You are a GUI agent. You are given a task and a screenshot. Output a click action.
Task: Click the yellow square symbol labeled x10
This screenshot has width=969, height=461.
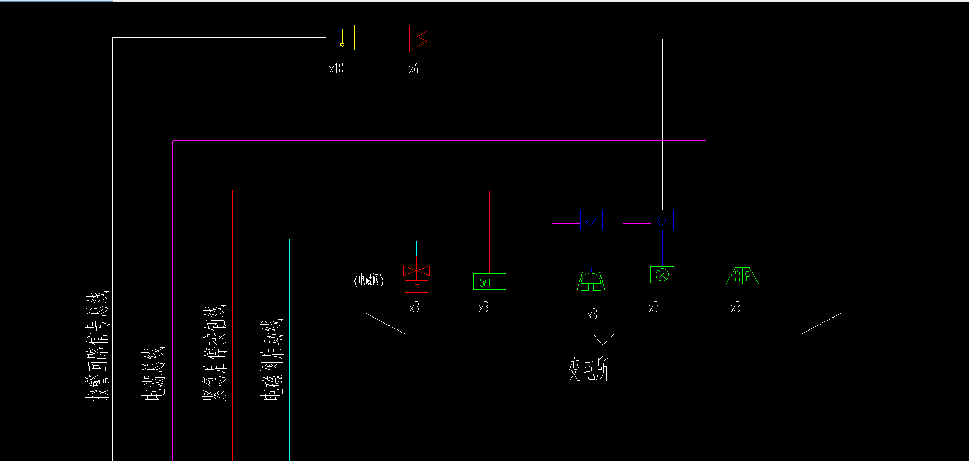(x=342, y=38)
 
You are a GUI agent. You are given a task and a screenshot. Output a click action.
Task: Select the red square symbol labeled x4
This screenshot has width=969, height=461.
(x=422, y=39)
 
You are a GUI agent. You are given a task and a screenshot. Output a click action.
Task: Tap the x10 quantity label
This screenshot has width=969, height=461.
(x=336, y=68)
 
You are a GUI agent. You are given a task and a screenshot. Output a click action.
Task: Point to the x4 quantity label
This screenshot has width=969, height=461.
(x=414, y=69)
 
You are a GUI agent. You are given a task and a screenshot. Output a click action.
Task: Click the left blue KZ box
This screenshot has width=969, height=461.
(x=591, y=221)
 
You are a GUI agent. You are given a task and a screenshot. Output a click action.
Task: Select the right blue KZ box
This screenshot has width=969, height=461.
(x=662, y=221)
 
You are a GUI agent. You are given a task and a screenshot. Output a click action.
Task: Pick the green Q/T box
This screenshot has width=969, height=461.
(x=489, y=281)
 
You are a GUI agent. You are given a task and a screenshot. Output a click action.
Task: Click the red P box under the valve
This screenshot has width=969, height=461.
(x=417, y=287)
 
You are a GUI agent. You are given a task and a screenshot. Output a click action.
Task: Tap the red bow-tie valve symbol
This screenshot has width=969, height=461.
(x=417, y=270)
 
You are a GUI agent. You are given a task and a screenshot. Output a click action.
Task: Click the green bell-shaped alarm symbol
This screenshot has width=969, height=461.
(x=591, y=281)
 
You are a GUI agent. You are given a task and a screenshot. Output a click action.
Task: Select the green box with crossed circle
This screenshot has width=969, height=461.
(x=662, y=275)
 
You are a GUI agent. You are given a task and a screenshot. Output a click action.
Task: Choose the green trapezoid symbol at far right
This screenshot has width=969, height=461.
(x=742, y=276)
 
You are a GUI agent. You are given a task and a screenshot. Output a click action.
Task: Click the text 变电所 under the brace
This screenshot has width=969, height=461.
(x=588, y=369)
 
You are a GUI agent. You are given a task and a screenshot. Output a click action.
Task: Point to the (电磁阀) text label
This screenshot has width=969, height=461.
(x=369, y=280)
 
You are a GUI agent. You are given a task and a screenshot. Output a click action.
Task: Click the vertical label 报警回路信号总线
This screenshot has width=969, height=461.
(x=97, y=345)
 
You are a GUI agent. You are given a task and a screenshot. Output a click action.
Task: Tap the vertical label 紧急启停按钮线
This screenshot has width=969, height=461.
(x=214, y=353)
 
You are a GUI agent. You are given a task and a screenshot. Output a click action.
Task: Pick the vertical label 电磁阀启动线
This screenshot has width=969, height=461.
(x=271, y=360)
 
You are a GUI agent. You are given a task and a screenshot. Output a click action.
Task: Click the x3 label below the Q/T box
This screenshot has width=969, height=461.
(x=483, y=307)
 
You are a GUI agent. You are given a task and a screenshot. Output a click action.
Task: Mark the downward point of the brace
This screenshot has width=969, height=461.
(x=603, y=343)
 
